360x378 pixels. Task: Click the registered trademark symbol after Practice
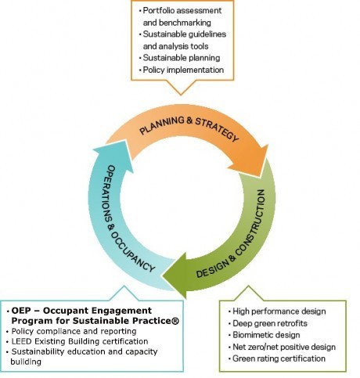pyautogui.click(x=175, y=321)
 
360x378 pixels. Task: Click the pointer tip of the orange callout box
pyautogui.click(x=181, y=95)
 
